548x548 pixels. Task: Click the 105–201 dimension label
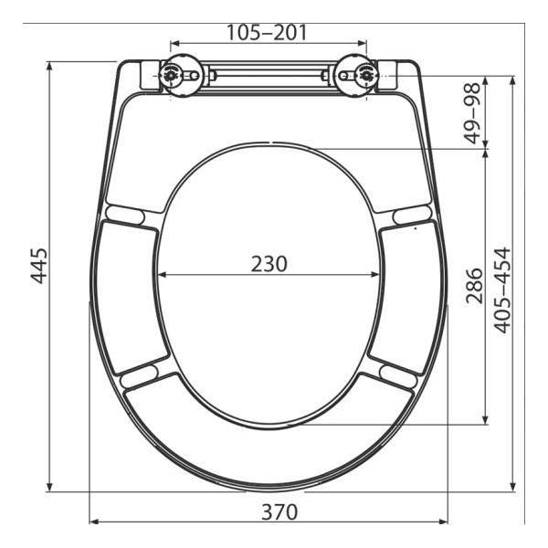point(267,33)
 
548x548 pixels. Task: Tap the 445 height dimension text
point(38,266)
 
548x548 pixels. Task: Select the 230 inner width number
point(269,264)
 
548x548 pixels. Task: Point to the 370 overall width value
point(279,511)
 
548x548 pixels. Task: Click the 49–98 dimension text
point(473,113)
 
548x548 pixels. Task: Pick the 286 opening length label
point(474,285)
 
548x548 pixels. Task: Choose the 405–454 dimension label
point(502,290)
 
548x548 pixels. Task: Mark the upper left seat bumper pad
point(125,215)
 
